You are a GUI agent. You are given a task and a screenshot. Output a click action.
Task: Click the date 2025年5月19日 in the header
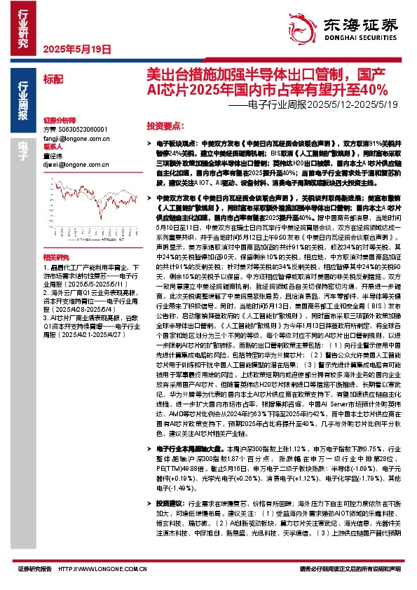[78, 50]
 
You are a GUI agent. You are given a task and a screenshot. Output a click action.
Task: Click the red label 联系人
[53, 148]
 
